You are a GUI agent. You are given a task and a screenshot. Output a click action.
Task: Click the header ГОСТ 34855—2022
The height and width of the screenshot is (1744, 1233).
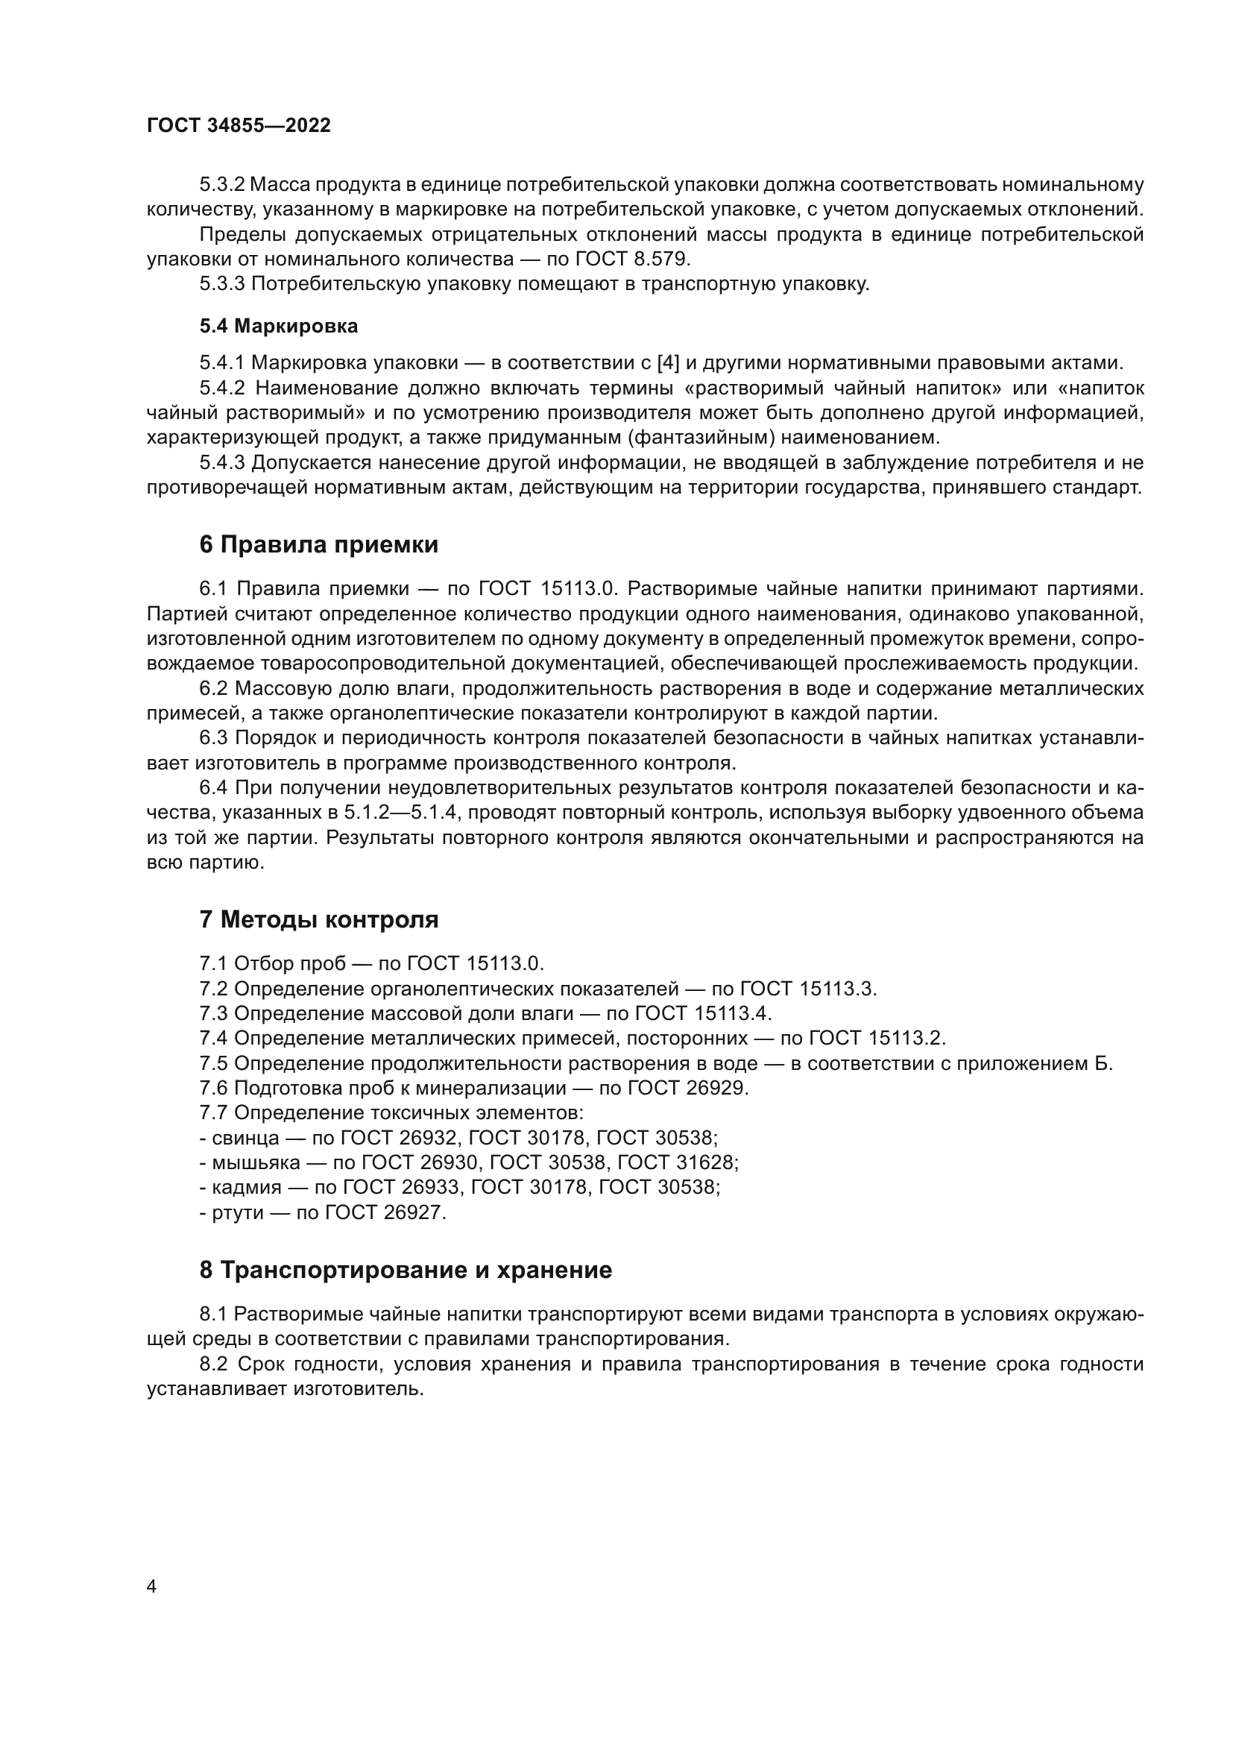pos(239,126)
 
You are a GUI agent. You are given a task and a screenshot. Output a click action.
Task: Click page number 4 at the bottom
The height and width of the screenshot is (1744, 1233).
pos(152,1586)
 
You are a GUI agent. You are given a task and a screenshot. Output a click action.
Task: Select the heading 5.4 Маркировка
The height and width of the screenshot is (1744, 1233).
pos(279,327)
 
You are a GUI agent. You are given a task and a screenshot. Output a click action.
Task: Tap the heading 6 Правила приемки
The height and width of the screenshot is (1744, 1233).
pos(319,544)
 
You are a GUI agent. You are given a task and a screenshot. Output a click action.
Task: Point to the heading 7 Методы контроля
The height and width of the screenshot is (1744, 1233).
pos(319,920)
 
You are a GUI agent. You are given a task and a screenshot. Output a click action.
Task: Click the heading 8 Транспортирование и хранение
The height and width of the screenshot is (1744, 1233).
pos(406,1270)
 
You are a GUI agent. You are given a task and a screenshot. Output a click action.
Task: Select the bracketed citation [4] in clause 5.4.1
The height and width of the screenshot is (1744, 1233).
pos(667,362)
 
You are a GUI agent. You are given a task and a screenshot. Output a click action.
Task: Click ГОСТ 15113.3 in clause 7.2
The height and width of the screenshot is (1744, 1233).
pos(808,989)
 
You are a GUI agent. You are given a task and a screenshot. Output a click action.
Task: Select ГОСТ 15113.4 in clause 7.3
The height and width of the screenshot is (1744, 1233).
pos(703,1013)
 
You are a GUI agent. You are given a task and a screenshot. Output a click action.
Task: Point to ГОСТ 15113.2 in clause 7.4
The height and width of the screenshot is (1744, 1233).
pos(877,1039)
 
